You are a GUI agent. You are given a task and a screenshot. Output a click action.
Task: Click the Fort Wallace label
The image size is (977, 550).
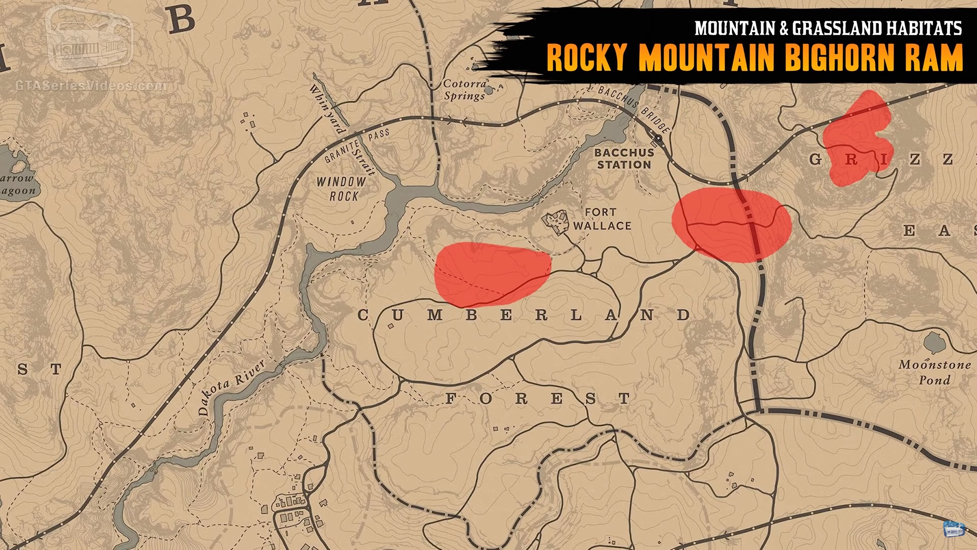coord(601,219)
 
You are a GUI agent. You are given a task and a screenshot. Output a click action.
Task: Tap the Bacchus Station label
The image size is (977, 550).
coord(624,158)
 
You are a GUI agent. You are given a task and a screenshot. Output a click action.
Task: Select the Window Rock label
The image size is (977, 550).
coord(341,188)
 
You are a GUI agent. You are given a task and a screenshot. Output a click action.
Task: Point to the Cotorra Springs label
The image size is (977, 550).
coord(464,90)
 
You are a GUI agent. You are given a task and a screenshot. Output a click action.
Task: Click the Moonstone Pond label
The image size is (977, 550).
coord(934,372)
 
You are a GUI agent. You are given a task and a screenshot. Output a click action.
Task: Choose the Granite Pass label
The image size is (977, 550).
coord(356,146)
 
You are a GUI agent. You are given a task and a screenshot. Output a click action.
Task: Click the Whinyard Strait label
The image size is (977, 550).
coord(342,130)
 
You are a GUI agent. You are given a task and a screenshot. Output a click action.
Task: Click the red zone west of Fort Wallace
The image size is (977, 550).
coord(491,274)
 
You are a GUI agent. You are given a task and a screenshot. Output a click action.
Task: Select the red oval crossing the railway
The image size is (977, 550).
coord(731,225)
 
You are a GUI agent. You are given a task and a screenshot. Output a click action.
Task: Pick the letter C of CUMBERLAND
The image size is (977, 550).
coord(363,315)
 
